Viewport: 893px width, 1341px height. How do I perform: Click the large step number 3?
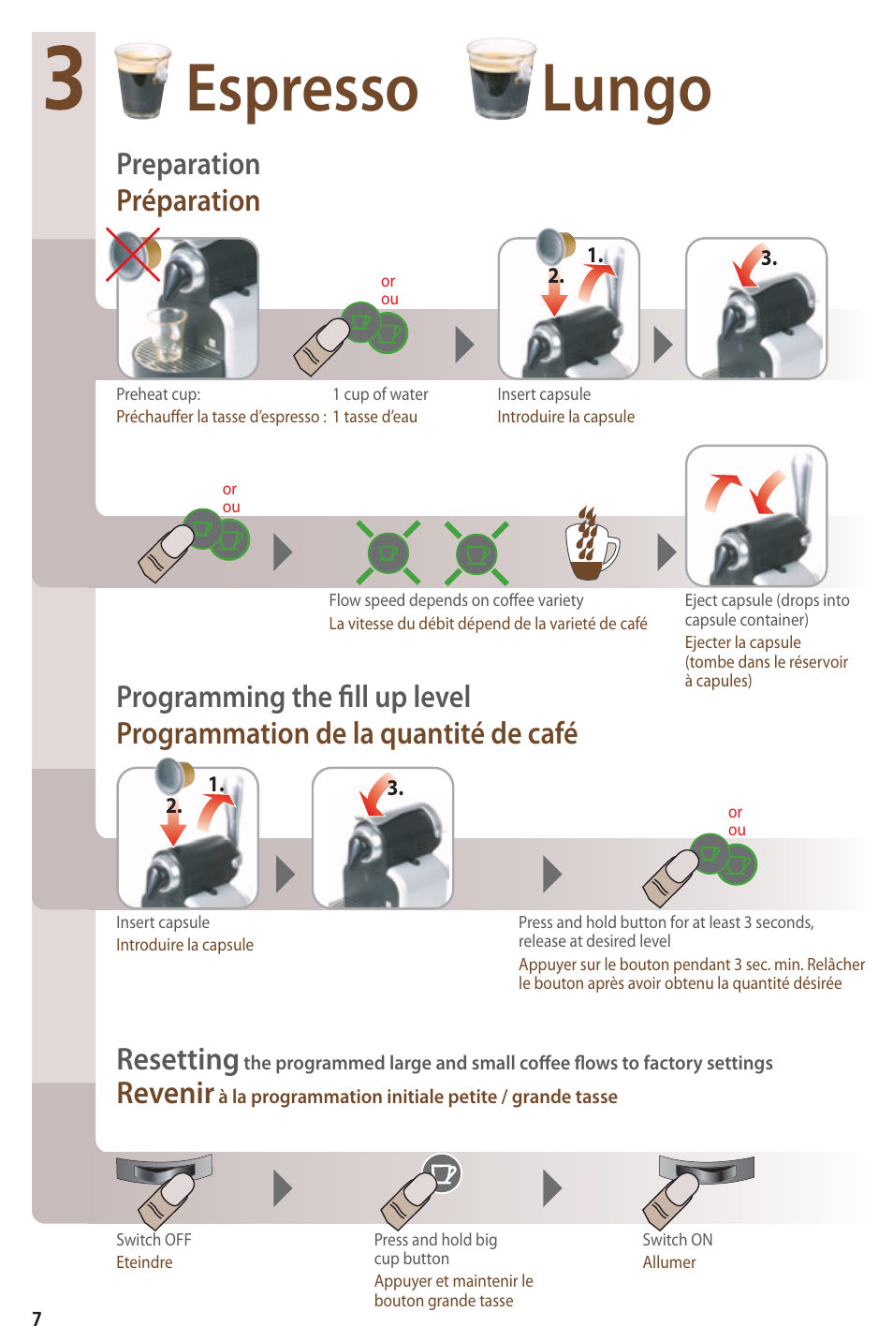[64, 79]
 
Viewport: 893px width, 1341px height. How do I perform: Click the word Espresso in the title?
[302, 91]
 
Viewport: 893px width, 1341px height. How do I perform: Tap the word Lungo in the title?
[626, 91]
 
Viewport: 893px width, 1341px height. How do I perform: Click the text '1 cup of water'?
[380, 394]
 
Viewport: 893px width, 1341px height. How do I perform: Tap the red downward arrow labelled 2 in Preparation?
[555, 298]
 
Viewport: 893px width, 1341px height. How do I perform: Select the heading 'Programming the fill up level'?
[293, 698]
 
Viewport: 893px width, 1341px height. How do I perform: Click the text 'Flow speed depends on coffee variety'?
[456, 600]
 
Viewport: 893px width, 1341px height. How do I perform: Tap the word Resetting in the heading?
[178, 1059]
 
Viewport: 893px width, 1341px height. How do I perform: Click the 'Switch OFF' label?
[154, 1240]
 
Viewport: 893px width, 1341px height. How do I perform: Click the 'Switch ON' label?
[678, 1240]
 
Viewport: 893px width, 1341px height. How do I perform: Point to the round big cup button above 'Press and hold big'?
[442, 1172]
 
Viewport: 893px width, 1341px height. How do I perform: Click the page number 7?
[37, 1319]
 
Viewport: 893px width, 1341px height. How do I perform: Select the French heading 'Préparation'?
[188, 200]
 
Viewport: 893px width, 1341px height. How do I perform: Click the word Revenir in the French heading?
[165, 1094]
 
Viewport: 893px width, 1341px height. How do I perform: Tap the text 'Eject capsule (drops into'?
[768, 600]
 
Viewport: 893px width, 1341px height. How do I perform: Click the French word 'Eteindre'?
[144, 1262]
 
